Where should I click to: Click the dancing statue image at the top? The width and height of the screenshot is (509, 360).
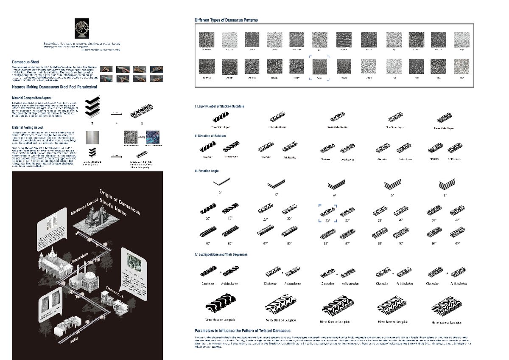pos(82,29)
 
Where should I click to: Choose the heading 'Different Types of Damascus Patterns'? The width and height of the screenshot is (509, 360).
pos(226,20)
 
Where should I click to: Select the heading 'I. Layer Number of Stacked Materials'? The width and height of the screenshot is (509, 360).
pos(219,106)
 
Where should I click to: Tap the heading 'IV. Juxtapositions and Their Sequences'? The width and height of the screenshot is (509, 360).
pos(221,255)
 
